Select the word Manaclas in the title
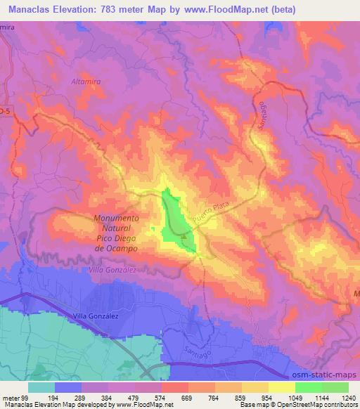coord(27,10)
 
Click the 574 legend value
coord(148,397)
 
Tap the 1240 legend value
coord(349,397)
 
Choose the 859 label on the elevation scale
coord(229,397)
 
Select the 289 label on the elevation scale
coord(68,397)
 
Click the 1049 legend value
coord(282,397)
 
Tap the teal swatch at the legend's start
coord(41,387)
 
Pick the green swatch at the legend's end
coord(335,387)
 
